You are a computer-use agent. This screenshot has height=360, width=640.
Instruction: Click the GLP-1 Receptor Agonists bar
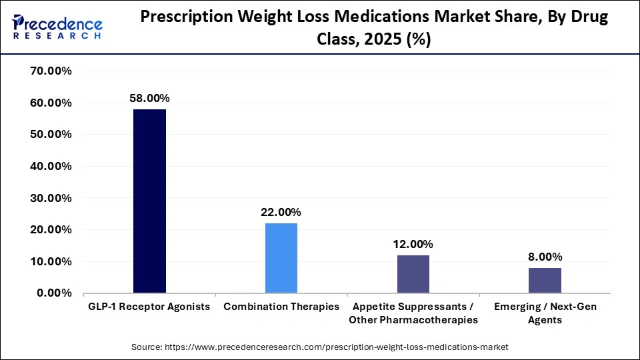(149, 201)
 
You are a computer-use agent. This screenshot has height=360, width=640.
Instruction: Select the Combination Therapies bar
(281, 258)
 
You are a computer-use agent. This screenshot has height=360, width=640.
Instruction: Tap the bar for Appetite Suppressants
(413, 274)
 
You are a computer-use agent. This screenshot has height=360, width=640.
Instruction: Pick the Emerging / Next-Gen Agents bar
(545, 280)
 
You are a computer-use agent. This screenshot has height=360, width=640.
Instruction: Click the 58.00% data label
(149, 98)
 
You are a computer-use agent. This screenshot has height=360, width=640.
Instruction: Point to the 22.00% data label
(281, 212)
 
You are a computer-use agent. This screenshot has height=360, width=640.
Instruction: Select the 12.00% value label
(413, 244)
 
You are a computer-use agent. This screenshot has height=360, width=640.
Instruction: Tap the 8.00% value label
(545, 257)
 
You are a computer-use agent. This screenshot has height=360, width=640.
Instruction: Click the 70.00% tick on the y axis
(51, 71)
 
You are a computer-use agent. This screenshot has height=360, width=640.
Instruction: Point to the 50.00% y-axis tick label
(51, 134)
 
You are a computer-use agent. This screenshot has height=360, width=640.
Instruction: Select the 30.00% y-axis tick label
(51, 198)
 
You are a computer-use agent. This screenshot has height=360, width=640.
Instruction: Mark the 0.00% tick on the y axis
(54, 293)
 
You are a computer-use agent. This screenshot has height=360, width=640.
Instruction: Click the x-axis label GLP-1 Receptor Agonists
(149, 307)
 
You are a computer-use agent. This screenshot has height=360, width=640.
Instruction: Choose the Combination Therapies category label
(281, 307)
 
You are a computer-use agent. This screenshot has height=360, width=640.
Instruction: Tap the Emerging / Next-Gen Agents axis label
(545, 313)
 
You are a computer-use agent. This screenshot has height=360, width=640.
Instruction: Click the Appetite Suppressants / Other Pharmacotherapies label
(413, 313)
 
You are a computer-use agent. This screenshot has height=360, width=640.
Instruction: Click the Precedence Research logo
(57, 27)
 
